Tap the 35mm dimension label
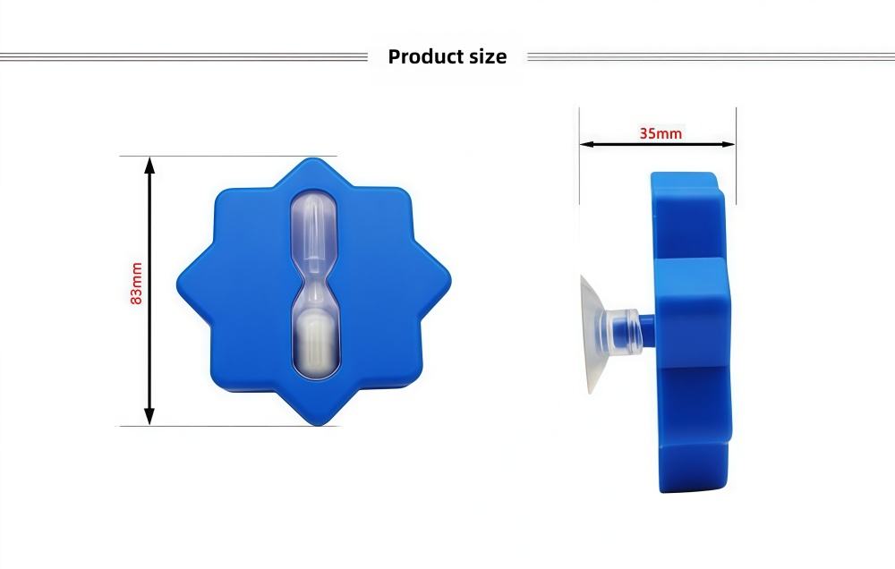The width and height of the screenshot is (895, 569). point(661,133)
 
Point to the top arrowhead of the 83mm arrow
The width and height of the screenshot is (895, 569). point(149,165)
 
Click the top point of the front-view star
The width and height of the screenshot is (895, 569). point(315,161)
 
